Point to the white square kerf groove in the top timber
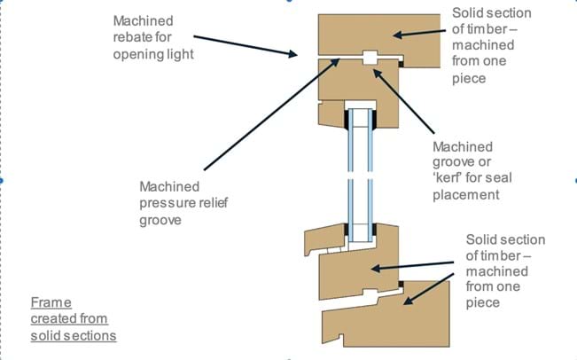point(370,59)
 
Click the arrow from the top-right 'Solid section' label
point(420,31)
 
